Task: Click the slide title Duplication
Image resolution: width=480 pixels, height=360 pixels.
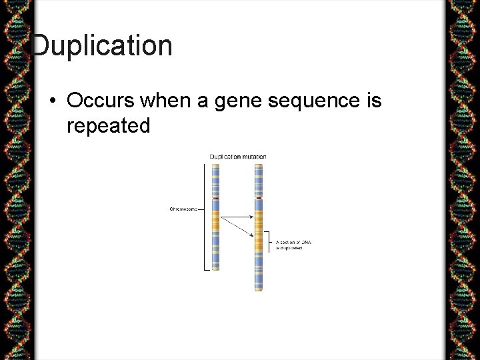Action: [x=101, y=46]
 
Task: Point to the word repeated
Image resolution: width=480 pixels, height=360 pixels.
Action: [x=109, y=125]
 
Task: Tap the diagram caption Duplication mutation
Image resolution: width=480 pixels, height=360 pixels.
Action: [x=238, y=157]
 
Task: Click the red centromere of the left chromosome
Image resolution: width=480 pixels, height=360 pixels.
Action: [x=215, y=197]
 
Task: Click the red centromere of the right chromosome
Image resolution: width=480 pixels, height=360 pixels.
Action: [x=259, y=197]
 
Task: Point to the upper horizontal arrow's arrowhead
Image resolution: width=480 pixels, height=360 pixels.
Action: [x=251, y=217]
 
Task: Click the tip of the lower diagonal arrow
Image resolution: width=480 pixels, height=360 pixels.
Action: [x=253, y=235]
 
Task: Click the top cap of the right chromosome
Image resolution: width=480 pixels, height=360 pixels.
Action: [x=259, y=167]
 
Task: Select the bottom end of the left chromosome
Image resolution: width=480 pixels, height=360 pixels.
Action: [x=215, y=268]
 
